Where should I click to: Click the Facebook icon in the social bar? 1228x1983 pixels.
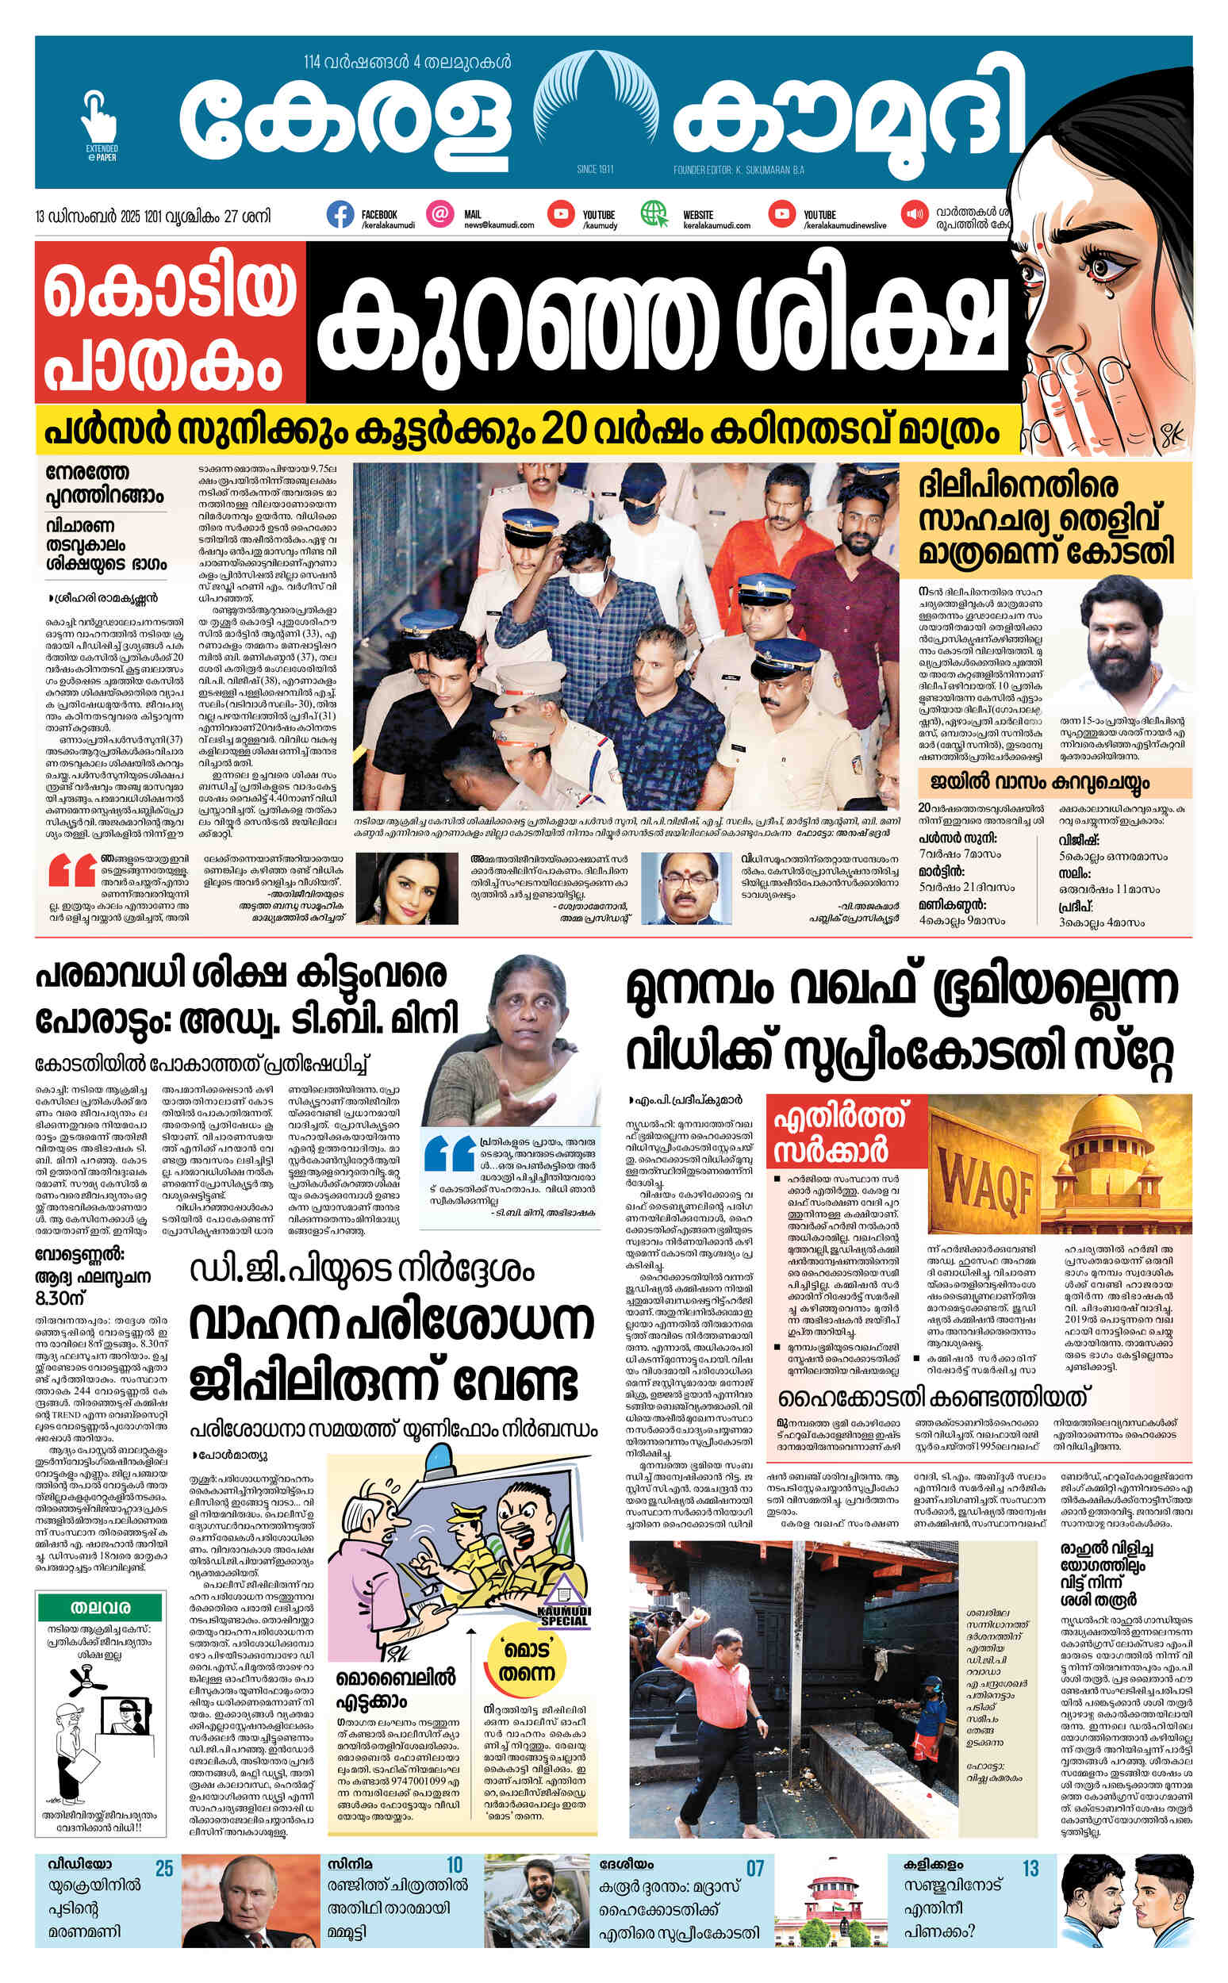click(340, 214)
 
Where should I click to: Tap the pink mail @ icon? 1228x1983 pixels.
click(440, 214)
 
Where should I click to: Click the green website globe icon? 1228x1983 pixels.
click(653, 214)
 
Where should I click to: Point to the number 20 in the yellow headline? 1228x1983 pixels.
click(564, 432)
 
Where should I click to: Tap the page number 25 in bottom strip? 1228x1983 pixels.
click(164, 1869)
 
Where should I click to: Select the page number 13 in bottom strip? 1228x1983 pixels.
click(1030, 1869)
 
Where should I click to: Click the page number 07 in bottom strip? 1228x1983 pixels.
click(754, 1869)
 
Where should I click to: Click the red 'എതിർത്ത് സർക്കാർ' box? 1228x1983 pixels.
click(846, 1131)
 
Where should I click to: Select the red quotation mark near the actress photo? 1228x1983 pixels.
click(71, 873)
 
